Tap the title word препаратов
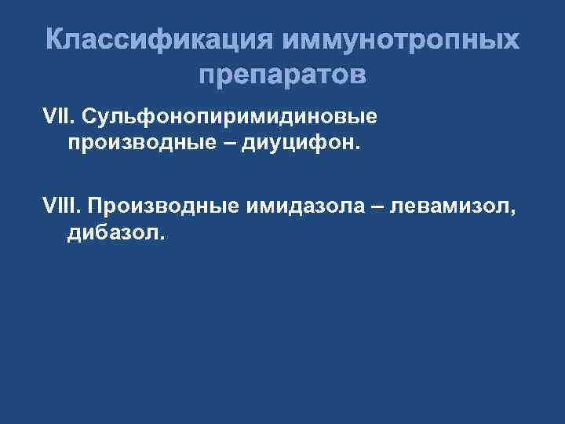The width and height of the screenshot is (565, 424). [282, 76]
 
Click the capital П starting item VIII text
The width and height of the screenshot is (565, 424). [96, 205]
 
